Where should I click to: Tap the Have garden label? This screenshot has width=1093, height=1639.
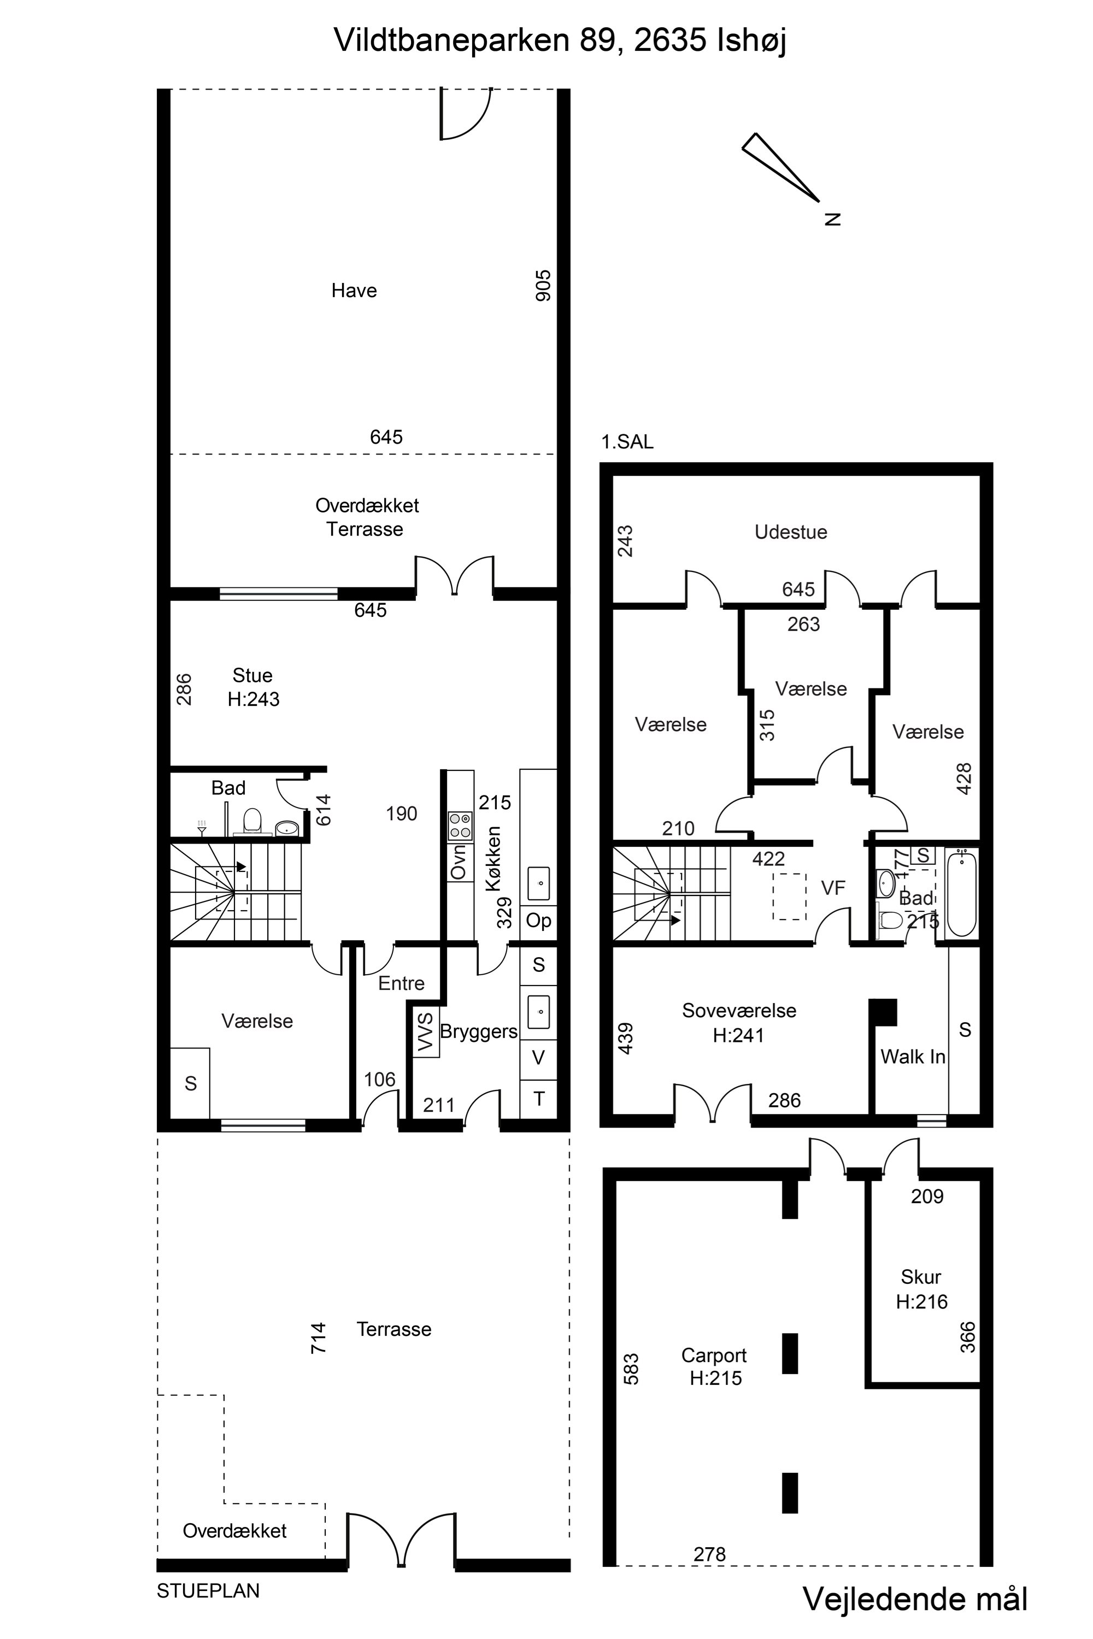pyautogui.click(x=354, y=291)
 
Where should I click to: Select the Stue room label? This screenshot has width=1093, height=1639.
pyautogui.click(x=252, y=675)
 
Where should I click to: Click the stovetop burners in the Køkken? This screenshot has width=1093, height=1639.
pyautogui.click(x=460, y=825)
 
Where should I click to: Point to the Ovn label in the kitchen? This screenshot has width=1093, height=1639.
pyautogui.click(x=458, y=862)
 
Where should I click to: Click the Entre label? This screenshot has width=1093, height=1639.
pyautogui.click(x=402, y=983)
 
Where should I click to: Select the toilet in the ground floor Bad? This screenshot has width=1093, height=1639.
pyautogui.click(x=252, y=821)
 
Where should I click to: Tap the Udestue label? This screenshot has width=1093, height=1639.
pyautogui.click(x=791, y=532)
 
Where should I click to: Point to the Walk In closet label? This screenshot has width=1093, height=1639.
pyautogui.click(x=913, y=1057)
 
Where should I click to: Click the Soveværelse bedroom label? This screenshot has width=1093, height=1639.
pyautogui.click(x=739, y=1010)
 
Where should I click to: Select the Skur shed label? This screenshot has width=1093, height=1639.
pyautogui.click(x=921, y=1277)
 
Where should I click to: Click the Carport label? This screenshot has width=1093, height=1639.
pyautogui.click(x=714, y=1355)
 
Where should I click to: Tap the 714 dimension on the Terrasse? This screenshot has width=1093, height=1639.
pyautogui.click(x=318, y=1338)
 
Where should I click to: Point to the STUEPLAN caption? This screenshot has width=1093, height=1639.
pyautogui.click(x=208, y=1591)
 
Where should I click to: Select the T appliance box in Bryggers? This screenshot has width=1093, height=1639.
pyautogui.click(x=539, y=1099)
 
